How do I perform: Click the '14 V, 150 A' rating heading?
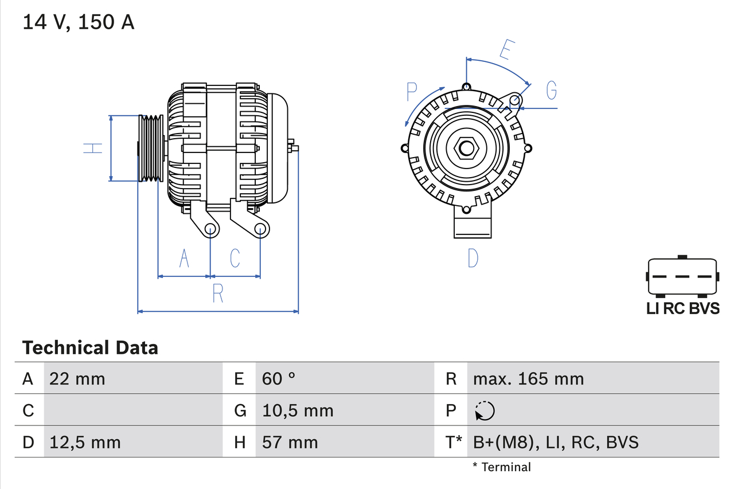click(x=79, y=22)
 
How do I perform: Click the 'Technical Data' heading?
click(x=90, y=347)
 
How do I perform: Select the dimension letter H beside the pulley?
click(x=93, y=148)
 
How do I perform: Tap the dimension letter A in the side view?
click(x=184, y=258)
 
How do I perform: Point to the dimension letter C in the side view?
click(x=235, y=258)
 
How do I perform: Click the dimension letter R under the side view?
click(x=218, y=294)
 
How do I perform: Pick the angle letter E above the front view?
click(x=505, y=50)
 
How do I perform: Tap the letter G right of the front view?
click(x=551, y=91)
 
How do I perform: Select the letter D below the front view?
click(x=473, y=258)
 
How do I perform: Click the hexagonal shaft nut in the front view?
click(x=466, y=148)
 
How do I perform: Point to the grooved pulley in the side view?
click(x=151, y=148)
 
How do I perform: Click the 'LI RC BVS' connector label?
click(x=682, y=308)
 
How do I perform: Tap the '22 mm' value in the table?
click(x=77, y=378)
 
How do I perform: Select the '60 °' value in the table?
click(x=279, y=378)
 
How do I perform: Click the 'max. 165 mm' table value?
click(x=528, y=378)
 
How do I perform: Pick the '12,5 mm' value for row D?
click(x=85, y=442)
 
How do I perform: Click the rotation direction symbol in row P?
click(x=485, y=410)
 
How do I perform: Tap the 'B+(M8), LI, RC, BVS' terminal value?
click(x=556, y=442)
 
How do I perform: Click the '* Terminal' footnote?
click(x=502, y=467)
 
